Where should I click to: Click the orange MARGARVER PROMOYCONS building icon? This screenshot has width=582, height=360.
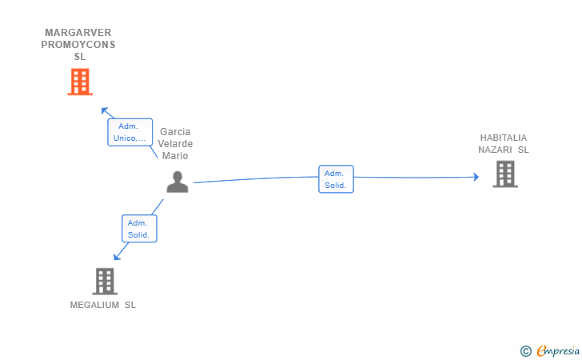79,82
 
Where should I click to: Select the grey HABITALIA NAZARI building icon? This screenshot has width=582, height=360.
504,174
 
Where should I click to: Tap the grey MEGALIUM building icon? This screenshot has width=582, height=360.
105,281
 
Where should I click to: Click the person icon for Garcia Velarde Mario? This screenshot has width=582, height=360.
177,182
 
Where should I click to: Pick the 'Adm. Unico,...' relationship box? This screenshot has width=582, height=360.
130,132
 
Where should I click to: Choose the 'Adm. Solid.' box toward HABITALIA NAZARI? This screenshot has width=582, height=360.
336,179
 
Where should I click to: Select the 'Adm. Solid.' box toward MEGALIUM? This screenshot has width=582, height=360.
139,229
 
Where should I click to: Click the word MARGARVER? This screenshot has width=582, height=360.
78,33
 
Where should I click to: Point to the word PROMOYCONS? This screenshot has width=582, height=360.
78,45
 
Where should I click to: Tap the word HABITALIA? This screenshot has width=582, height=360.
504,138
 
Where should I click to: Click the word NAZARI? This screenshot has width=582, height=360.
495,150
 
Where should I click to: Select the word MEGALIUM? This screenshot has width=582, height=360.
94,305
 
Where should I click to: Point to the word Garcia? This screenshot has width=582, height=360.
175,132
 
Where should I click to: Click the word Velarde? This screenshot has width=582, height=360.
175,144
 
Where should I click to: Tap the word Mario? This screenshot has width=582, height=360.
175,156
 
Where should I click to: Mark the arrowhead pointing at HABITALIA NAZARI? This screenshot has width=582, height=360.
476,177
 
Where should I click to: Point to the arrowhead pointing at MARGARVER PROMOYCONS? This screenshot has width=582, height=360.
103,110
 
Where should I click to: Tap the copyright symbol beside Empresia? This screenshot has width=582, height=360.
525,350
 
